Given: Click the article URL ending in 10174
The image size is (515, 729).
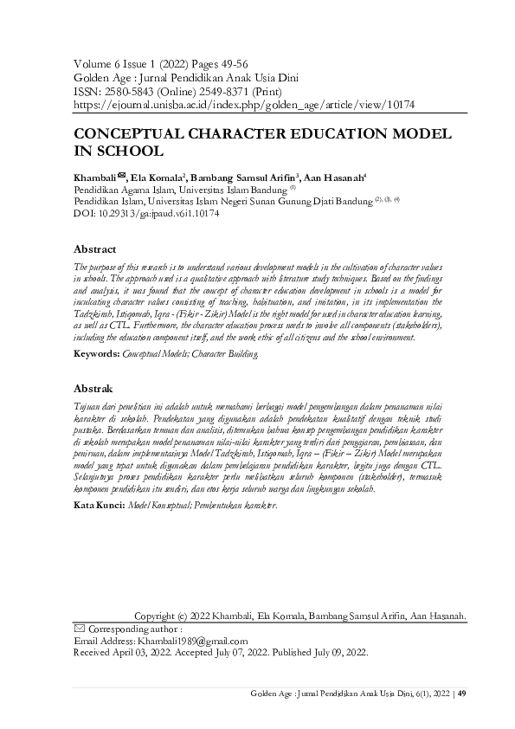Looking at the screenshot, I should (x=244, y=104).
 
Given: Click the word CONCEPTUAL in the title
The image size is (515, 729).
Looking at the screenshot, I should (x=129, y=136).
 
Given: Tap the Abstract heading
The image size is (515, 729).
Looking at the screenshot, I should (x=95, y=249).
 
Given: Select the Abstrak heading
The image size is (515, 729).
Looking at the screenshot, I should (x=93, y=389).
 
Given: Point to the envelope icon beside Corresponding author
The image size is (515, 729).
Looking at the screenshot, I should (x=80, y=628).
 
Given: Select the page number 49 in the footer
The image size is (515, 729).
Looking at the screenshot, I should (x=462, y=694).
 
